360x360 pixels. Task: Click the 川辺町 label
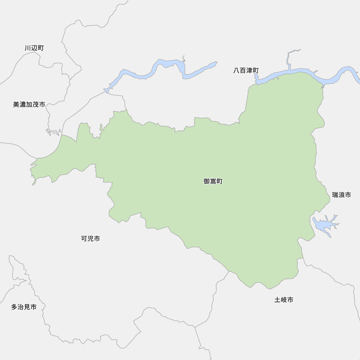(x=34, y=48)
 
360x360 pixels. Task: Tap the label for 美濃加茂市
(x=29, y=104)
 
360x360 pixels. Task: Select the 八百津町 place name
(x=246, y=71)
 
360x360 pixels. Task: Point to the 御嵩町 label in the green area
(x=213, y=181)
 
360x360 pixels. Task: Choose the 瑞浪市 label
(x=341, y=195)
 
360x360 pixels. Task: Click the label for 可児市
(x=90, y=238)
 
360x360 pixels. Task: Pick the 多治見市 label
(x=23, y=307)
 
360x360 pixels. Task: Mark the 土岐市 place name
(x=284, y=300)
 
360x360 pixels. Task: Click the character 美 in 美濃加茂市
(x=16, y=104)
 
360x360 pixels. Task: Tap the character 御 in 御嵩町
(x=207, y=181)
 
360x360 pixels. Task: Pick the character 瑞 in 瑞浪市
(x=335, y=195)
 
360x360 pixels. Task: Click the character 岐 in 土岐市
(x=284, y=300)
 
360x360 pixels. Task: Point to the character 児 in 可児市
(x=90, y=238)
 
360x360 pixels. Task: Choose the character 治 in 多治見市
(x=21, y=307)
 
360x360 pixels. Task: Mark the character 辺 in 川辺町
(x=34, y=48)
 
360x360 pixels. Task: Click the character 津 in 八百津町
(x=249, y=71)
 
